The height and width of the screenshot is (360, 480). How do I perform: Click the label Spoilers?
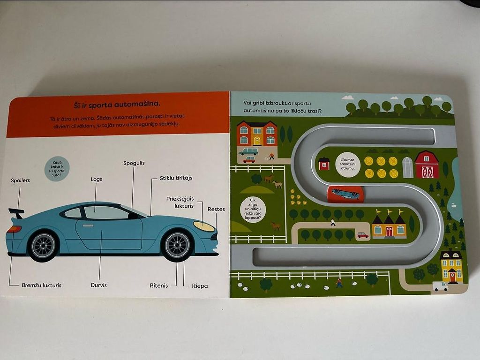21,180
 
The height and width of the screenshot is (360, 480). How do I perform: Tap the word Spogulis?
134,163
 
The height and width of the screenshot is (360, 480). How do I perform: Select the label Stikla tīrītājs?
176,178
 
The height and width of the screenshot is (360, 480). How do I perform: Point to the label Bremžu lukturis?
41,285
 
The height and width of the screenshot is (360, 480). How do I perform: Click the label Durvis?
99,285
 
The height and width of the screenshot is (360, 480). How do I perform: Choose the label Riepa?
200,285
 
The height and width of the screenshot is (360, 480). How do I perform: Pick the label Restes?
216,210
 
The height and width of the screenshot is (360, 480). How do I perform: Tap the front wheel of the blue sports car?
177,244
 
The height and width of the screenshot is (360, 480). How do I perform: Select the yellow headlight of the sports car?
204,226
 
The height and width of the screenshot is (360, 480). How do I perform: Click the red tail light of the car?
14,229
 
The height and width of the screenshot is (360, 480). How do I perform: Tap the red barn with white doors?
427,165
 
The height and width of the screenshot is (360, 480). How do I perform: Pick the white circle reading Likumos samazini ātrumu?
347,165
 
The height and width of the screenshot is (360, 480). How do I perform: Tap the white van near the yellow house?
440,286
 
